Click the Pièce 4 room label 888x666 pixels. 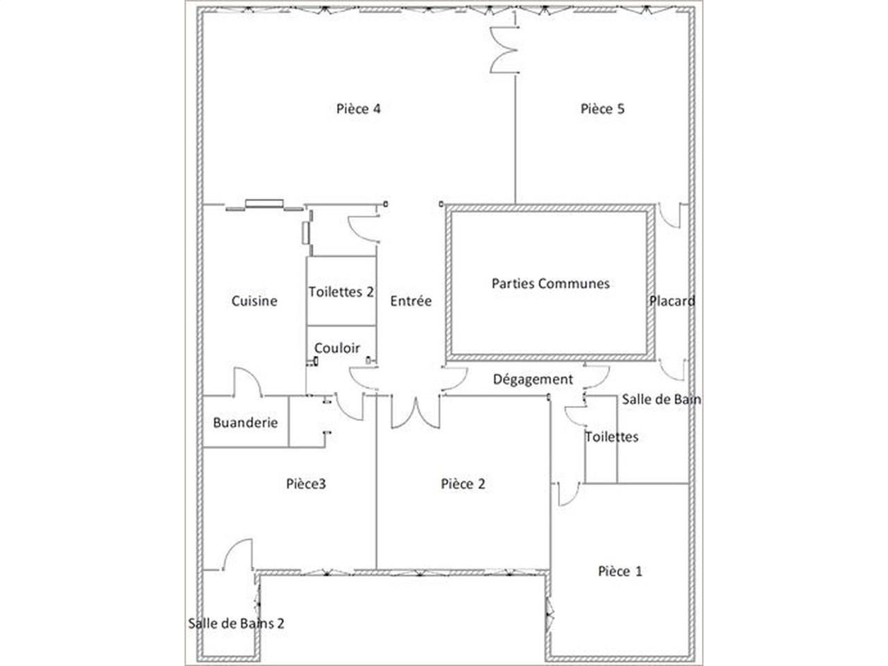click(x=358, y=109)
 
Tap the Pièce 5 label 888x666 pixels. click(x=602, y=109)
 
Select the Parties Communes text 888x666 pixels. click(x=550, y=284)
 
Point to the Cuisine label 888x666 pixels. click(x=254, y=301)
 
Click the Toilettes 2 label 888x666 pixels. click(x=341, y=292)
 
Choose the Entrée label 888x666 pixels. click(x=411, y=301)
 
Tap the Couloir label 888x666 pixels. click(x=336, y=348)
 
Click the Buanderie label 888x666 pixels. click(x=245, y=422)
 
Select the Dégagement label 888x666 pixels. click(x=533, y=379)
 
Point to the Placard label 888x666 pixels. click(x=672, y=301)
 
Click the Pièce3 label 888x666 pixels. click(x=306, y=484)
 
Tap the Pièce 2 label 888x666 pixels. click(x=463, y=484)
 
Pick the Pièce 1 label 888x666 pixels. click(x=620, y=571)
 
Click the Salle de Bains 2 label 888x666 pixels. click(x=236, y=623)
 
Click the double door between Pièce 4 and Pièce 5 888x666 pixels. click(x=504, y=50)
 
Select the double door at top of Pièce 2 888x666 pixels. click(x=415, y=411)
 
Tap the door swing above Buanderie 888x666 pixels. click(x=247, y=381)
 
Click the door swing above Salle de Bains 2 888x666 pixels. click(x=237, y=554)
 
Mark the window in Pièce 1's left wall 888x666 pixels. click(x=549, y=615)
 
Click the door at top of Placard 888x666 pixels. click(x=670, y=216)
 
